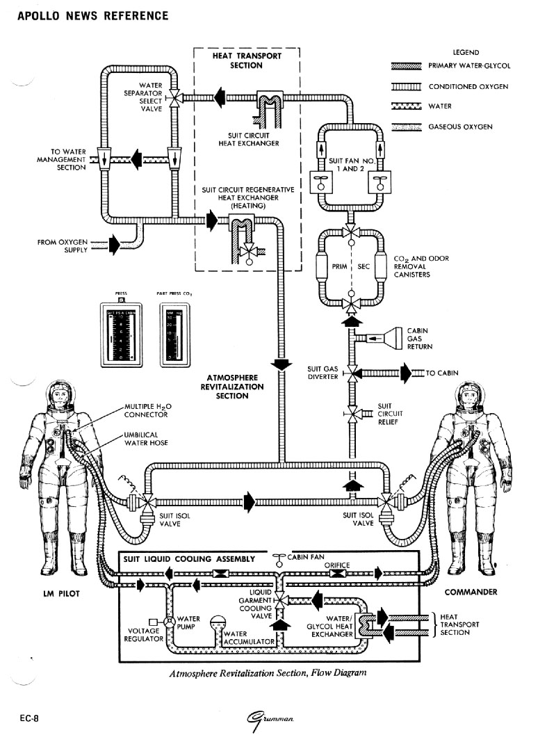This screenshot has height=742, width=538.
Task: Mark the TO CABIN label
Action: coord(442,373)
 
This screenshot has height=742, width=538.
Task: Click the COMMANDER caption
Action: coord(471,592)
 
